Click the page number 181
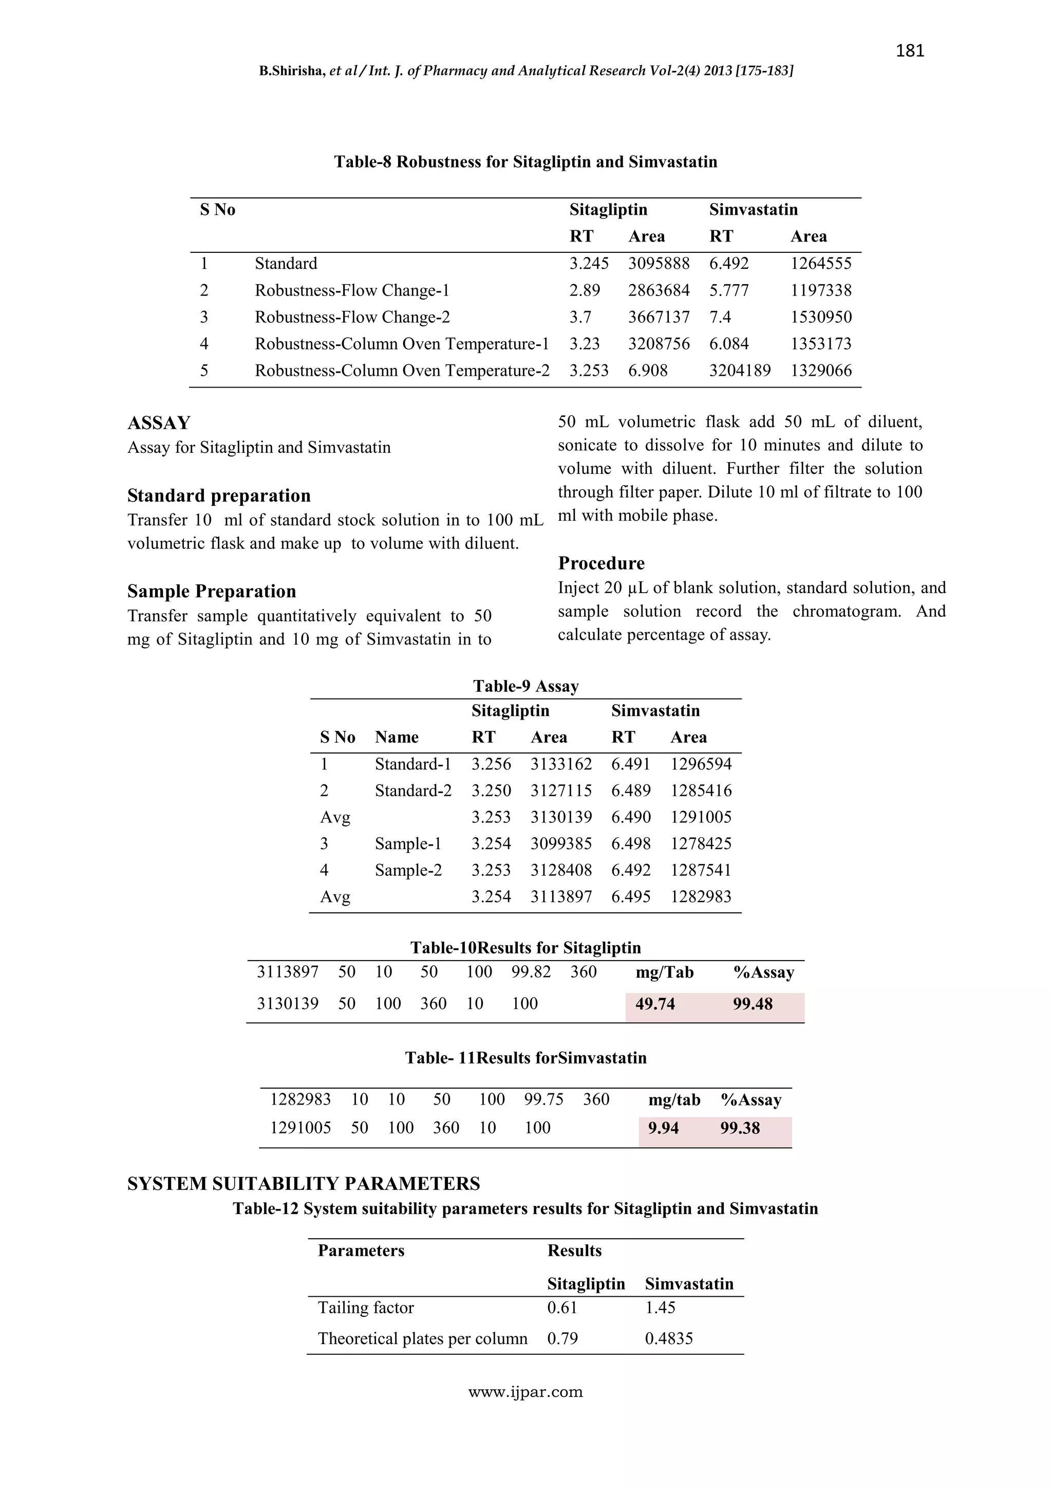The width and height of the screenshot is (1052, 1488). pos(910,50)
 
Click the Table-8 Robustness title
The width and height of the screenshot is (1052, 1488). pos(525,161)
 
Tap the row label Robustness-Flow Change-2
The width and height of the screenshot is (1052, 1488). pos(352,317)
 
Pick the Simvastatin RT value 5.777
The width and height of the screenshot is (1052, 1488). pos(729,290)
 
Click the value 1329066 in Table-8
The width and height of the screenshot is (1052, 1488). pos(821,371)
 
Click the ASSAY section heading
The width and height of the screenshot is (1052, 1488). pos(159,423)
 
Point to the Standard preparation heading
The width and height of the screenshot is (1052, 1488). pos(218,496)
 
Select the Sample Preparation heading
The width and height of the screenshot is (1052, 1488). pos(211,591)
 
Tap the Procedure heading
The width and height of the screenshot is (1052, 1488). pos(601,563)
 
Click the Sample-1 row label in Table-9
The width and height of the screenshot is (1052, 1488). pos(407,844)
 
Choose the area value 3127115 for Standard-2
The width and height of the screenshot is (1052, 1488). pos(561,791)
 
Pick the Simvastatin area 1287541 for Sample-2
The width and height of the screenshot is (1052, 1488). pos(701,870)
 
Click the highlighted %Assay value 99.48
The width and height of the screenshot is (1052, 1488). pos(753,1004)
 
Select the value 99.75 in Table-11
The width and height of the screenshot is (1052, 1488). pos(543,1100)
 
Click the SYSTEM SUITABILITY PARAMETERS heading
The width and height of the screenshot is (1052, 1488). pos(303,1184)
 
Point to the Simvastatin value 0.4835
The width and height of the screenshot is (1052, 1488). pos(668,1339)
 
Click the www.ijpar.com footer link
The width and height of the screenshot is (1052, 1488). pos(525,1392)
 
